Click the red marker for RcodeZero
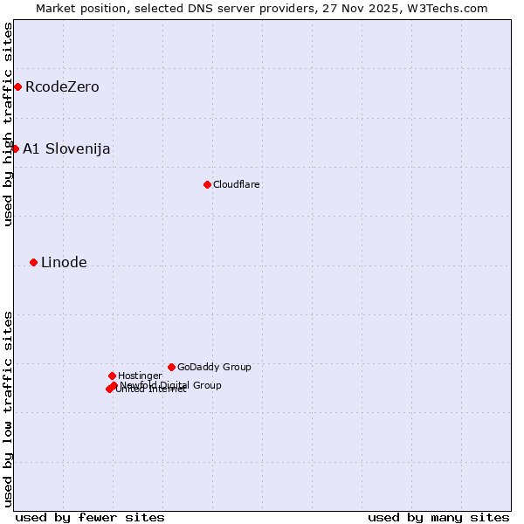tap(17, 86)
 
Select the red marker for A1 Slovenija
tap(15, 148)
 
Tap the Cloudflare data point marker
tap(207, 184)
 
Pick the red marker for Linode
tap(33, 262)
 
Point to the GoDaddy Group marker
tap(171, 367)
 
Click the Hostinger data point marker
tap(112, 376)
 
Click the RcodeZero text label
tap(62, 86)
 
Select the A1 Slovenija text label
tap(66, 148)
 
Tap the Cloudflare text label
tap(237, 184)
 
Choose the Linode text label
tap(64, 262)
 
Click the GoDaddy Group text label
tap(214, 367)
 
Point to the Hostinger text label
tap(140, 376)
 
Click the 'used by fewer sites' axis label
tap(90, 517)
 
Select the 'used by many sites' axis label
tap(438, 517)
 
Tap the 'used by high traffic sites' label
tap(8, 124)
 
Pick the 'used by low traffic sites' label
tap(8, 408)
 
